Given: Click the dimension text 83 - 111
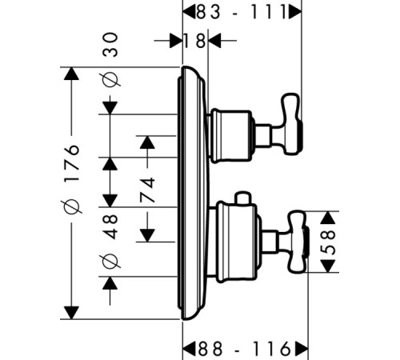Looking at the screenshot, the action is pyautogui.click(x=242, y=12).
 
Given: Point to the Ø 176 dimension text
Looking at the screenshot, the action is pyautogui.click(x=71, y=179).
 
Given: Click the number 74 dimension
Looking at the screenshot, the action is pyautogui.click(x=147, y=190).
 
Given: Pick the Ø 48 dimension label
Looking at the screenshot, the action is pyautogui.click(x=110, y=241).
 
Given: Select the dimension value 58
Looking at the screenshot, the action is pyautogui.click(x=328, y=242).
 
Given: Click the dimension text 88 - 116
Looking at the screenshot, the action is pyautogui.click(x=244, y=349).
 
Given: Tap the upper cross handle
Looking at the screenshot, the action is pyautogui.click(x=292, y=124).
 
